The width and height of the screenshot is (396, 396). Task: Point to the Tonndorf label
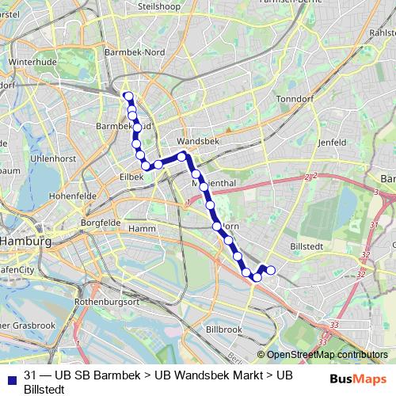pyautogui.click(x=295, y=99)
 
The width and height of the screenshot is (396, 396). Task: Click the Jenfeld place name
pyautogui.click(x=332, y=142)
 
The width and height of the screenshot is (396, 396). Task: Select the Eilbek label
pyautogui.click(x=131, y=177)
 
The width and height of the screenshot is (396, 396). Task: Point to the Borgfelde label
pyautogui.click(x=99, y=223)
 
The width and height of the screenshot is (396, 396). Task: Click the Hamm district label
pyautogui.click(x=142, y=228)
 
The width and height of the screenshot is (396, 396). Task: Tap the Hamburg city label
pyautogui.click(x=25, y=241)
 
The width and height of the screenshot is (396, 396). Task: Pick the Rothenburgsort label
pyautogui.click(x=106, y=302)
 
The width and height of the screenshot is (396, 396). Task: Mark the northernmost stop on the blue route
pyautogui.click(x=128, y=97)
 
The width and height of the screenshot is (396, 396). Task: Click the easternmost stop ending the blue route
pyautogui.click(x=271, y=270)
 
